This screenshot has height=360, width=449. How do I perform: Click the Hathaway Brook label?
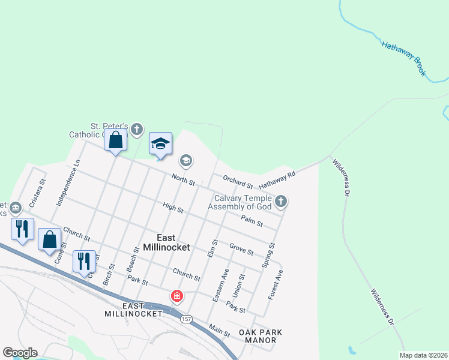click(404, 58)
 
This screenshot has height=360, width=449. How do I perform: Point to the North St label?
click(183, 179)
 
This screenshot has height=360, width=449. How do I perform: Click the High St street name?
click(173, 207)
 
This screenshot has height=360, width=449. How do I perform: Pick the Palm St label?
click(252, 221)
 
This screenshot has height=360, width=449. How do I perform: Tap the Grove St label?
click(241, 249)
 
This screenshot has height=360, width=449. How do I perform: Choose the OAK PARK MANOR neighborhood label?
click(260, 336)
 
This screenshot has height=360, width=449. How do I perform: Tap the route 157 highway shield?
click(187, 319)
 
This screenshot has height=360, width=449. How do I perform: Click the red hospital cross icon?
click(176, 296)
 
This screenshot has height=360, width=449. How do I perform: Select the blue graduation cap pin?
click(160, 143)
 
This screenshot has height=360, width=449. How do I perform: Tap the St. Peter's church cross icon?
click(137, 128)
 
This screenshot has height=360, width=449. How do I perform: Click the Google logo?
click(19, 353)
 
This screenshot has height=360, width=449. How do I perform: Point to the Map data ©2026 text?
click(423, 355)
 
